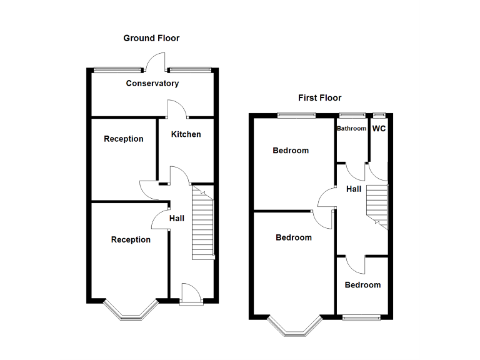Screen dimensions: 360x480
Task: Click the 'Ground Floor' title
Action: pyautogui.click(x=151, y=38)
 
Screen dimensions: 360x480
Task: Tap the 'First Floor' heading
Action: pyautogui.click(x=319, y=97)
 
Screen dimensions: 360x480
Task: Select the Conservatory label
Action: pyautogui.click(x=152, y=83)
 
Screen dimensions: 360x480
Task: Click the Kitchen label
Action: pyautogui.click(x=186, y=134)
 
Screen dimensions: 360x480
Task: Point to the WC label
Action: pyautogui.click(x=379, y=129)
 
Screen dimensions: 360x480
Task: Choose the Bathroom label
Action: pyautogui.click(x=351, y=129)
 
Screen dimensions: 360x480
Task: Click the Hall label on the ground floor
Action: pyautogui.click(x=177, y=218)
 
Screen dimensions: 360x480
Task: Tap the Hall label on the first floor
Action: pyautogui.click(x=354, y=189)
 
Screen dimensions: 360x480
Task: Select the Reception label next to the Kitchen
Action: pyautogui.click(x=123, y=139)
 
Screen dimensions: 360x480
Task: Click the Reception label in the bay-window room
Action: pyautogui.click(x=131, y=239)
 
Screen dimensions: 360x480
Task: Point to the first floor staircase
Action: pyautogui.click(x=377, y=206)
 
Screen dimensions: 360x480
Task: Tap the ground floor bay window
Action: pyautogui.click(x=129, y=310)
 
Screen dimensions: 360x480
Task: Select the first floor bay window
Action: pyautogui.click(x=294, y=325)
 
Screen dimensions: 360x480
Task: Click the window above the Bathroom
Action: pyautogui.click(x=352, y=114)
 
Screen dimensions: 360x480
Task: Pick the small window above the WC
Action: pyautogui.click(x=379, y=114)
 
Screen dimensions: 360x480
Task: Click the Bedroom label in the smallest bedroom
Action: pyautogui.click(x=362, y=285)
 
